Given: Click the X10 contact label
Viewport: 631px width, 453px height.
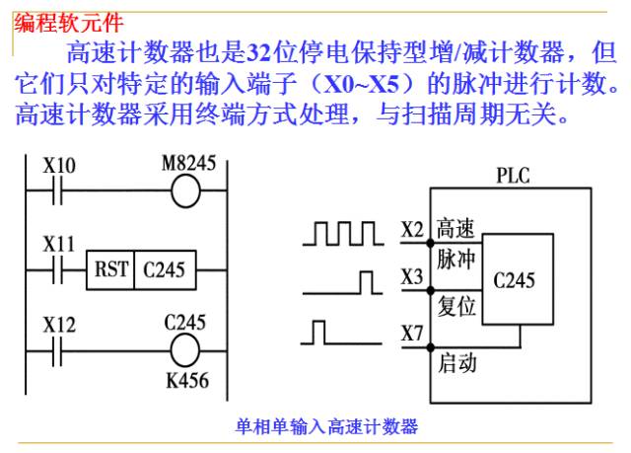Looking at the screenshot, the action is tap(59, 166).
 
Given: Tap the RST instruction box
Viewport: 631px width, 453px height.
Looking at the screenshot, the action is tap(141, 269).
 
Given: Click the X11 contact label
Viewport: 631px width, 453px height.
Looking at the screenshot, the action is tap(59, 245).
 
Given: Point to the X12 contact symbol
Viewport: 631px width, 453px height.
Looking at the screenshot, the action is tap(57, 351).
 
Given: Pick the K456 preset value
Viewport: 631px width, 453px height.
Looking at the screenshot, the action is tap(187, 381).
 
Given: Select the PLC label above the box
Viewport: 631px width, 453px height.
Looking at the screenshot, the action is tap(513, 176).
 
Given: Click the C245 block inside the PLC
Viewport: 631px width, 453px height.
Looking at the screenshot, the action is tap(518, 279).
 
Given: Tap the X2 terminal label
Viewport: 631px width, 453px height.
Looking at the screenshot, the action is tap(412, 230).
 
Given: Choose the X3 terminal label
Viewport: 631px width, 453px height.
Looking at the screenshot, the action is tap(412, 277).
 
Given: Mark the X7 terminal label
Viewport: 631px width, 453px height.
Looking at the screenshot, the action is tap(412, 334).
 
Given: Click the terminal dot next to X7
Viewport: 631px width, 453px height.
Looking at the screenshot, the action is tap(431, 347).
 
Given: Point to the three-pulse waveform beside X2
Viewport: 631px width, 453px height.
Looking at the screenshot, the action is tap(343, 233).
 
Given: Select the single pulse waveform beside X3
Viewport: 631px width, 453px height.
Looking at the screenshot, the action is tap(342, 283).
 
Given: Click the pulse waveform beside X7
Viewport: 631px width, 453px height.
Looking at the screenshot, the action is tap(341, 333).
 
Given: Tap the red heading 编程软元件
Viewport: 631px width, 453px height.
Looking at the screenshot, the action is tap(68, 23).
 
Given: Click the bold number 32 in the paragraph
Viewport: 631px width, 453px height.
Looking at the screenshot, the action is tap(258, 52).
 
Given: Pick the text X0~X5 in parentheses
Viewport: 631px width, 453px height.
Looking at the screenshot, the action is tap(362, 84).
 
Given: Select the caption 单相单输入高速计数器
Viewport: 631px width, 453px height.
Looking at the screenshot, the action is tap(326, 426).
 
